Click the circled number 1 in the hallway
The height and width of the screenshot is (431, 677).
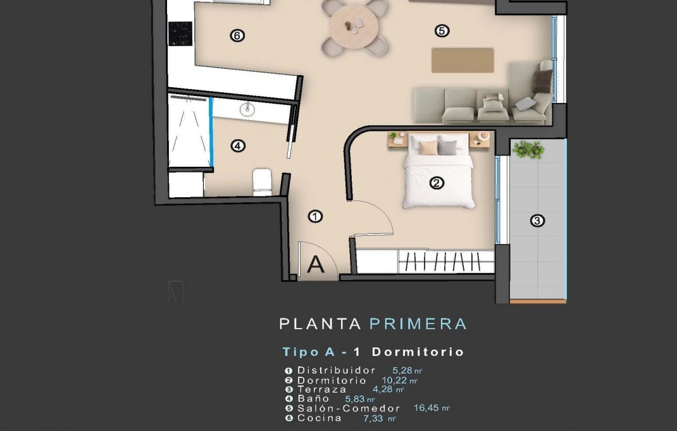coord(315,217)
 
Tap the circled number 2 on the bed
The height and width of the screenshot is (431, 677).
coord(437,183)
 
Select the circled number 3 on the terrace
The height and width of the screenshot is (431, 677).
coord(537,221)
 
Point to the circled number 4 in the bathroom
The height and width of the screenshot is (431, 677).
coord(237,146)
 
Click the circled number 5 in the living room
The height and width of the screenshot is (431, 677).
coord(442,30)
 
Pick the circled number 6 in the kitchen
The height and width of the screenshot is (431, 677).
coord(237,36)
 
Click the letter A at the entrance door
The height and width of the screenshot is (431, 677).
coord(316,265)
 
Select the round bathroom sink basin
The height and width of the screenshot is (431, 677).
coord(247,109)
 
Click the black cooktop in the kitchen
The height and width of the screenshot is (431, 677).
coord(180,33)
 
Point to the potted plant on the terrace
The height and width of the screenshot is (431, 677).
coord(528,150)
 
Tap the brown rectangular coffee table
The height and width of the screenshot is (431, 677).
coord(463,60)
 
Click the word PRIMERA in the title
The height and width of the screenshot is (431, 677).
coord(418,324)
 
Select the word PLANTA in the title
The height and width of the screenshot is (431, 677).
coord(320,324)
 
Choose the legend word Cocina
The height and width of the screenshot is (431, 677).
coord(320,418)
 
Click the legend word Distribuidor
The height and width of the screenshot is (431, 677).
coord(337,370)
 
